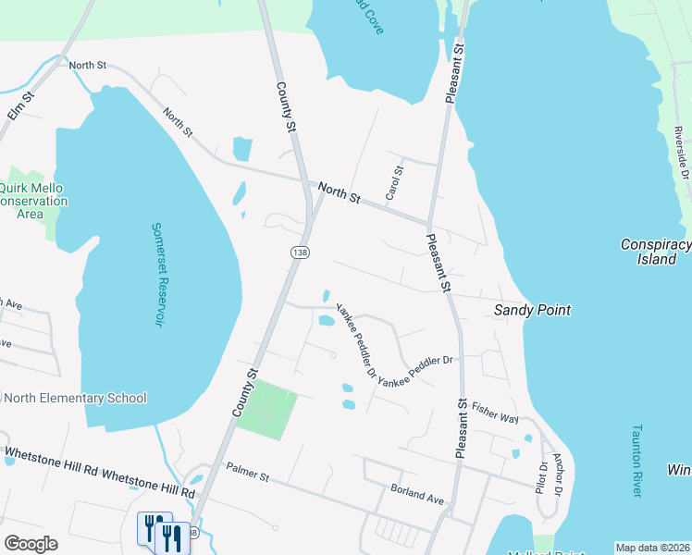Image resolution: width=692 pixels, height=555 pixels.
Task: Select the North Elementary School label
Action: point(75,399)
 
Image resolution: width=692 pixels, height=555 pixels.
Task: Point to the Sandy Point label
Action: point(532,310)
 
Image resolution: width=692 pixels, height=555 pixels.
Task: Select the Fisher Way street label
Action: point(494,411)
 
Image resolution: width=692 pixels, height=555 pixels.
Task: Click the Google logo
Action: point(31,544)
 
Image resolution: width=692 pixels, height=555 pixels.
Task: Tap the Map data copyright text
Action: point(651,548)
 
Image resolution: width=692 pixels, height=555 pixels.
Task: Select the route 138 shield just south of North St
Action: point(299,253)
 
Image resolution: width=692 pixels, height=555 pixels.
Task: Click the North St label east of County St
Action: point(339,192)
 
